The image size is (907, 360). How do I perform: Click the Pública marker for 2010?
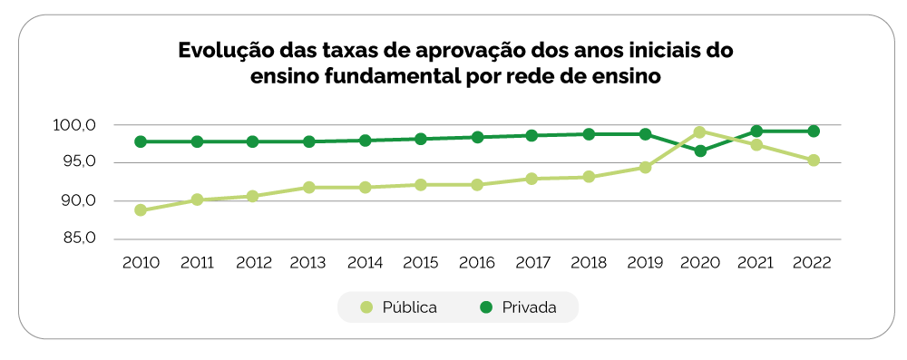click(x=141, y=210)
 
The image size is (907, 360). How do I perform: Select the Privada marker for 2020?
click(x=700, y=151)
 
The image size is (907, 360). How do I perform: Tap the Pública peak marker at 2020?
click(x=700, y=131)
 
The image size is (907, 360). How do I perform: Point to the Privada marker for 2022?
click(x=814, y=131)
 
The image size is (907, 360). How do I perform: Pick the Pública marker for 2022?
click(x=814, y=161)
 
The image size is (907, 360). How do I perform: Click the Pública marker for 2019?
click(x=645, y=168)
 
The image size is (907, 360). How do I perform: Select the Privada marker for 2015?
click(x=421, y=139)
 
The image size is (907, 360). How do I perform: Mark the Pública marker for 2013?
click(x=308, y=188)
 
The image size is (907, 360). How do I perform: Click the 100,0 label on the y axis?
click(x=79, y=125)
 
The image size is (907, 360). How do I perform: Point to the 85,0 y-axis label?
click(x=80, y=239)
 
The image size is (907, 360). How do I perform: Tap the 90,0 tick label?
click(x=80, y=201)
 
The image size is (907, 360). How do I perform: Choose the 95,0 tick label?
click(x=80, y=163)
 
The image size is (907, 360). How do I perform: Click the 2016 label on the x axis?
click(x=477, y=263)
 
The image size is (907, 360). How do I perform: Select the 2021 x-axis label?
click(x=756, y=263)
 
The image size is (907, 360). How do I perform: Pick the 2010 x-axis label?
click(x=141, y=263)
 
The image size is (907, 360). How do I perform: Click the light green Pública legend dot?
click(x=366, y=307)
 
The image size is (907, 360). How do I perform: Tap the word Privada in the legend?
click(x=529, y=307)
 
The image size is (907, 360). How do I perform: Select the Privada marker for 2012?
click(x=252, y=141)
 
